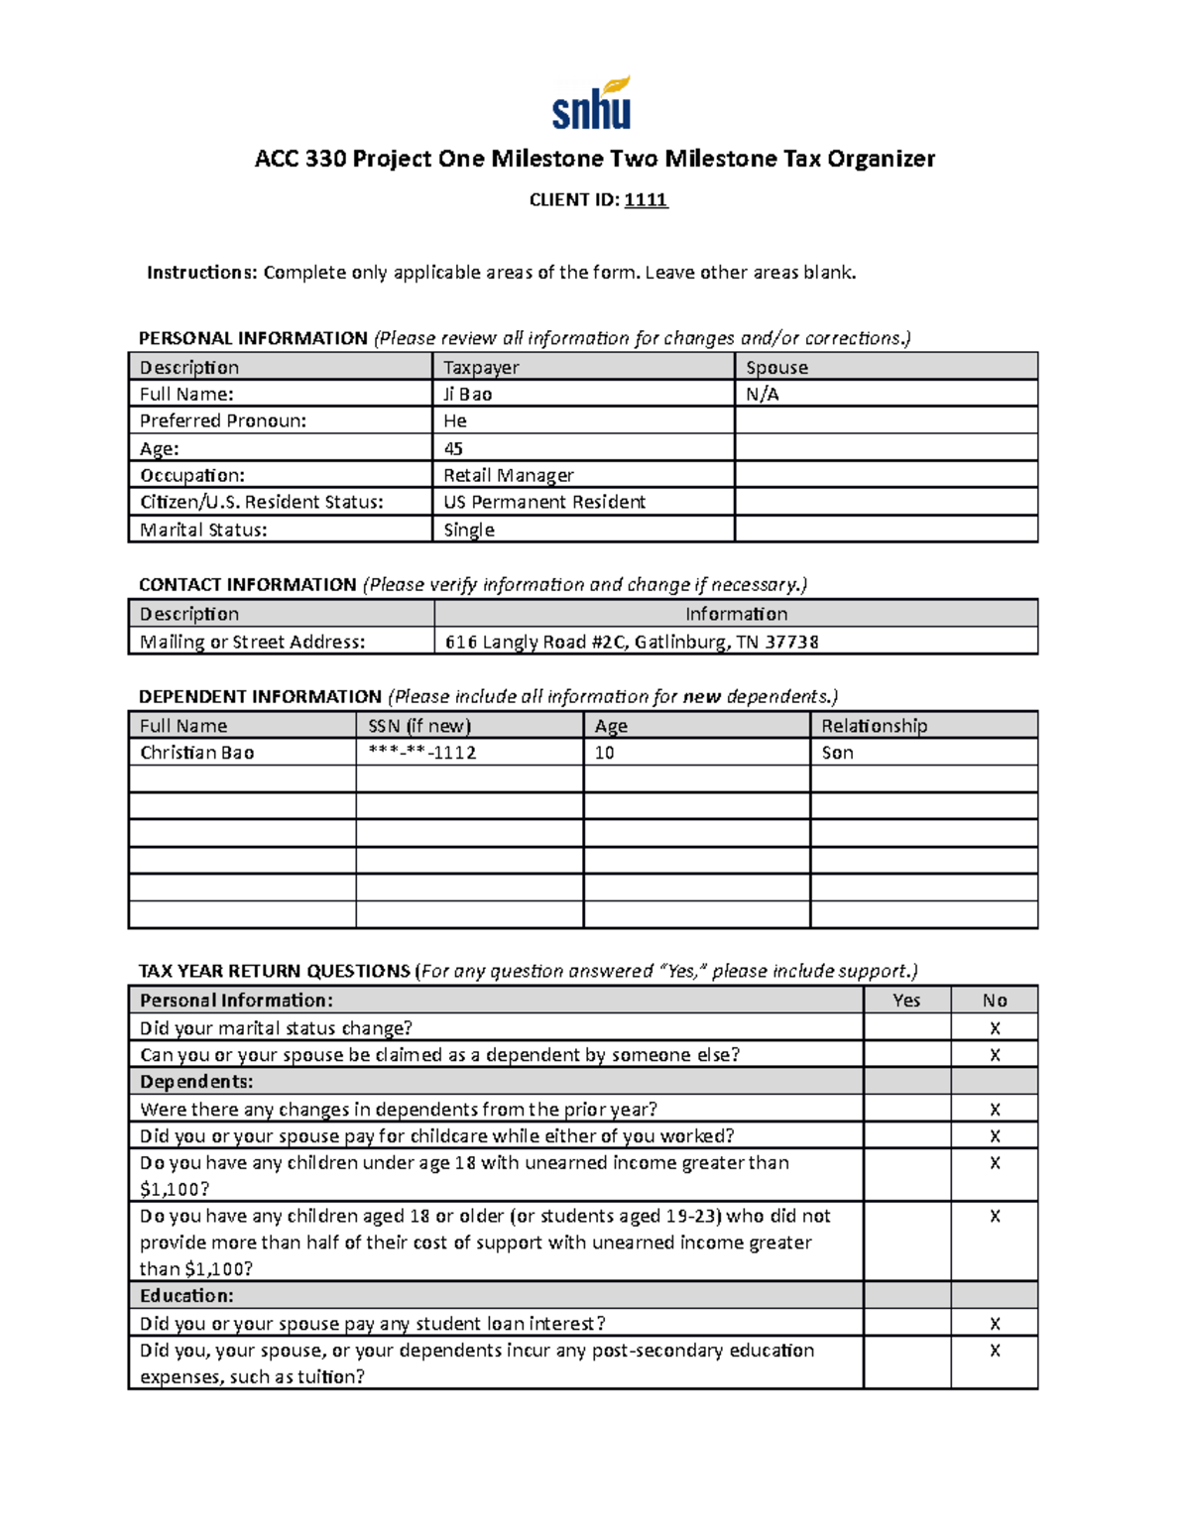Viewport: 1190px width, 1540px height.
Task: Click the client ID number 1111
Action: tap(646, 199)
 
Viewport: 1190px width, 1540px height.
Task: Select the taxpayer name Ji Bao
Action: tap(467, 394)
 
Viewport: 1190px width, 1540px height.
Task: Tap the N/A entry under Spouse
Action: tap(763, 394)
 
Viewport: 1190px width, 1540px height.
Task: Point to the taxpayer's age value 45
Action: tap(453, 448)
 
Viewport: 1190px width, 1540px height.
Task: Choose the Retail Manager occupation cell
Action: tap(508, 475)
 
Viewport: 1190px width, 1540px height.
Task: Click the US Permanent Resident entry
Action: tap(544, 502)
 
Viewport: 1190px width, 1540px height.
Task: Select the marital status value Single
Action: tap(469, 530)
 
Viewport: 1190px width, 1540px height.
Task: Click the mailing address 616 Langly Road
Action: tap(632, 642)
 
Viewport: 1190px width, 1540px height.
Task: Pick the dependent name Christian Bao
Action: tap(196, 753)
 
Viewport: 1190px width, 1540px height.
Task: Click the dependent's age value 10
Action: tap(604, 753)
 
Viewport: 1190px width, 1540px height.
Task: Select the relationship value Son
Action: tap(837, 753)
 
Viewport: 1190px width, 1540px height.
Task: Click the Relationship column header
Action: tap(874, 726)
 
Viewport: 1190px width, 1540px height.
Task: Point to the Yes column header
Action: tap(906, 1001)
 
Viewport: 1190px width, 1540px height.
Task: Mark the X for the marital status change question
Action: tap(995, 1028)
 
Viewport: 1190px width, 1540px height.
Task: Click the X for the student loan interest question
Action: tap(995, 1324)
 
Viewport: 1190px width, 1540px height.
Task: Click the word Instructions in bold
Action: tap(201, 273)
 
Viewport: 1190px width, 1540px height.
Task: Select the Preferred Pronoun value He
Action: tap(455, 420)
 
